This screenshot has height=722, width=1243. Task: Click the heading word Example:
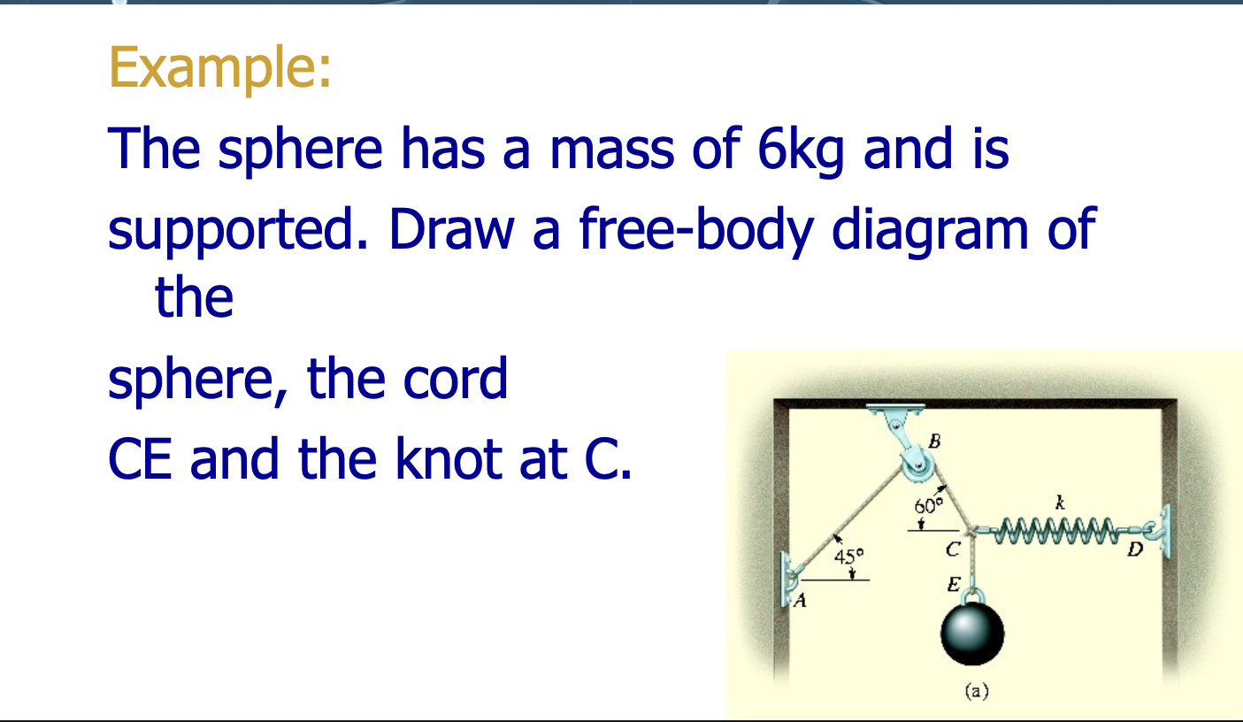coord(220,67)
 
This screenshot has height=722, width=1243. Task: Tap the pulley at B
coord(917,462)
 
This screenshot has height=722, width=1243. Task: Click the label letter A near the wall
coord(801,603)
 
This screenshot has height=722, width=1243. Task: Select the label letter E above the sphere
coord(953,585)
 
